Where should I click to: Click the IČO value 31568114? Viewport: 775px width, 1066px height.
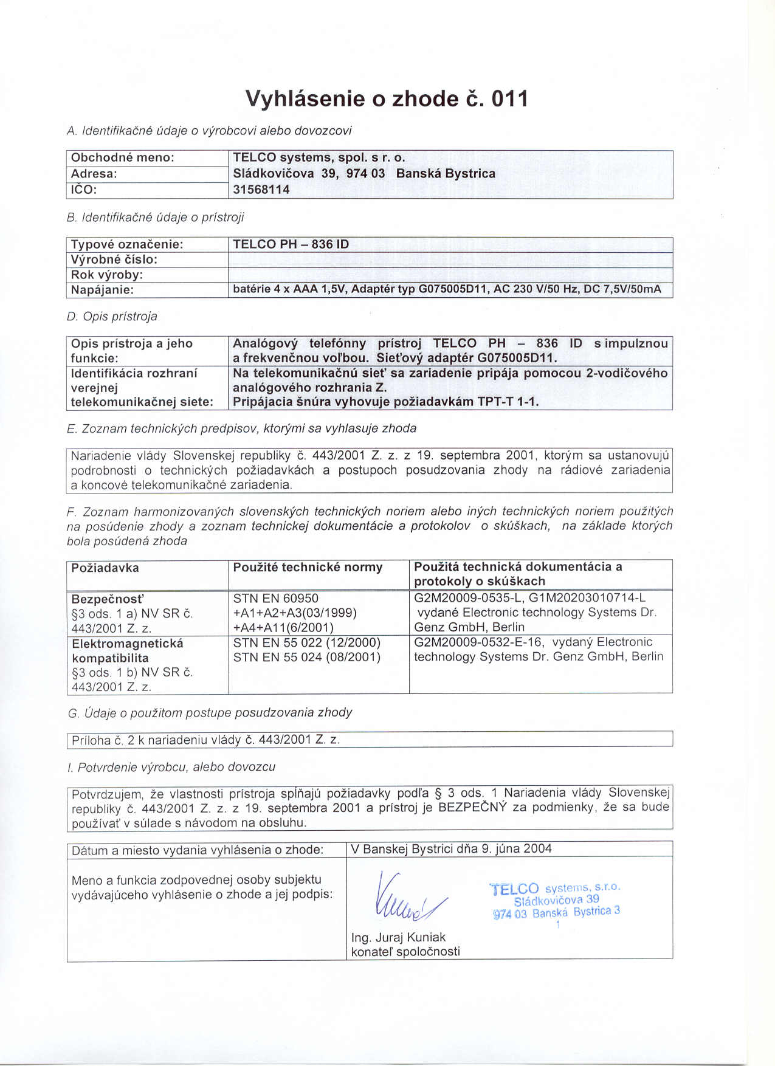(261, 190)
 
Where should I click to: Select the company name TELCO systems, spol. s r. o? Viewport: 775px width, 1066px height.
(319, 157)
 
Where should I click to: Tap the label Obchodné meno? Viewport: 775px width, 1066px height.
(123, 157)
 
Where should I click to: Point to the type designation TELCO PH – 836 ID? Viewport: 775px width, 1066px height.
(291, 244)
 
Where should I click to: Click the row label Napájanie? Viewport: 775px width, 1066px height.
(102, 290)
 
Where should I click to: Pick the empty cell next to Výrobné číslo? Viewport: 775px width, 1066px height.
(450, 260)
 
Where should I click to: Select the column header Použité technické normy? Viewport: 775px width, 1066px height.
(308, 568)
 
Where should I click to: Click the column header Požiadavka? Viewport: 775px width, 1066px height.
(105, 568)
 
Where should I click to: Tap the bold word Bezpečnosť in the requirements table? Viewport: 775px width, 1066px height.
(108, 599)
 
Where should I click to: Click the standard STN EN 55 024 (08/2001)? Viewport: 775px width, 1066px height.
(307, 657)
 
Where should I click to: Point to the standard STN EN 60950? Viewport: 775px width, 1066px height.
(276, 598)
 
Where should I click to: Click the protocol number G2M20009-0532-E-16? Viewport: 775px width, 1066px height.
(478, 642)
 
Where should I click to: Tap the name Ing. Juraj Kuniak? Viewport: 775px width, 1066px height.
(398, 937)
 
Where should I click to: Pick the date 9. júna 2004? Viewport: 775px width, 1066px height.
(517, 848)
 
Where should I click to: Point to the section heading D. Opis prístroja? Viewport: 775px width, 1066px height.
(112, 317)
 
